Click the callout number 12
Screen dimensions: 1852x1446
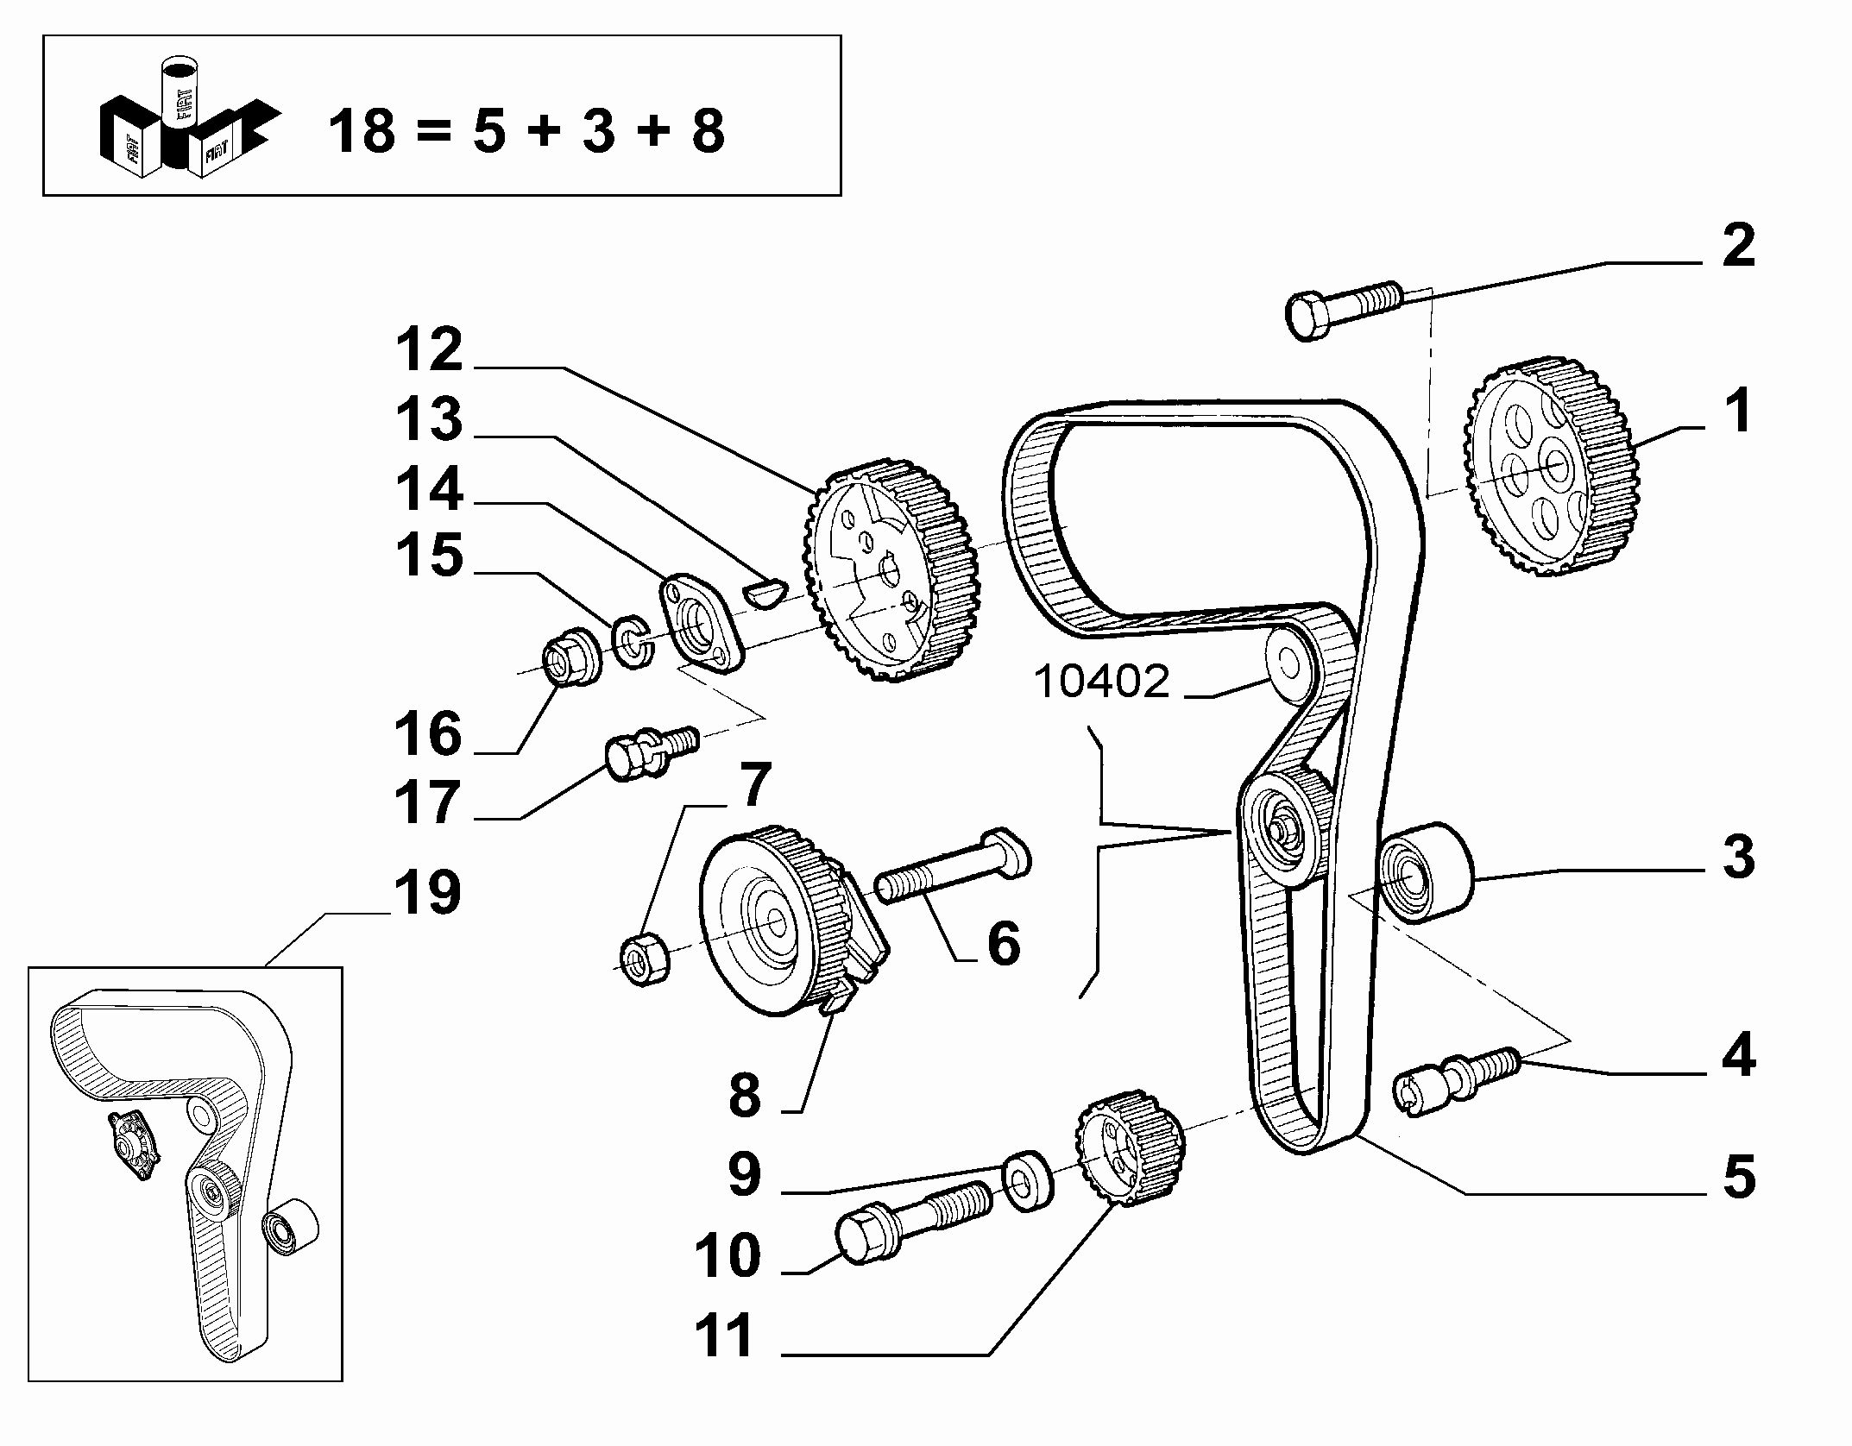tap(429, 350)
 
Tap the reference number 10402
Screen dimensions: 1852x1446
tap(1101, 682)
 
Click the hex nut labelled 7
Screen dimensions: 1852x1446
tap(646, 958)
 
